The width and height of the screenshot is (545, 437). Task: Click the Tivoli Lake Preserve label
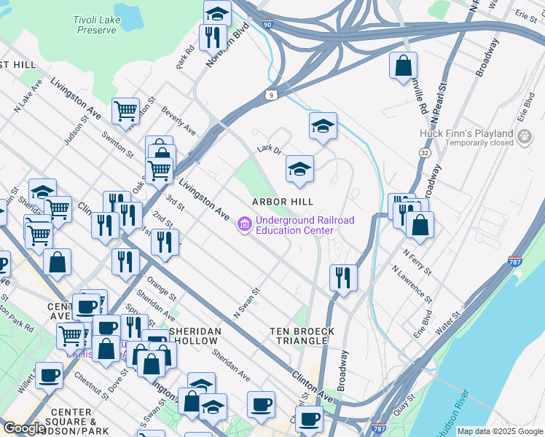[x=95, y=25]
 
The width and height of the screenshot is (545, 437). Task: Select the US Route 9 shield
[x=271, y=94]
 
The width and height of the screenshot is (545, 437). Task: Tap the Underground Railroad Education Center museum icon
[x=244, y=226]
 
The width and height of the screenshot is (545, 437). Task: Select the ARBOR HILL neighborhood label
[x=283, y=202]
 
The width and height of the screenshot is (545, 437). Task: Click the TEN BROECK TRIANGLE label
[x=303, y=336]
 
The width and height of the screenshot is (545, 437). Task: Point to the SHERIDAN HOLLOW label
[x=193, y=336]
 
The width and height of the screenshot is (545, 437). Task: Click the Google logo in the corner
[x=23, y=428]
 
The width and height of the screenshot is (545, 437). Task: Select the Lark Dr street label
[x=269, y=149]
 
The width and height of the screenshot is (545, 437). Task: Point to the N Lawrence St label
[x=412, y=284]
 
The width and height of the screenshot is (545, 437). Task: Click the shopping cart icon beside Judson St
[x=125, y=111]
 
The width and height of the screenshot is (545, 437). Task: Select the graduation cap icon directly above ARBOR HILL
[x=299, y=169]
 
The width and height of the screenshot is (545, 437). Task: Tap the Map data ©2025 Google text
[x=499, y=431]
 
